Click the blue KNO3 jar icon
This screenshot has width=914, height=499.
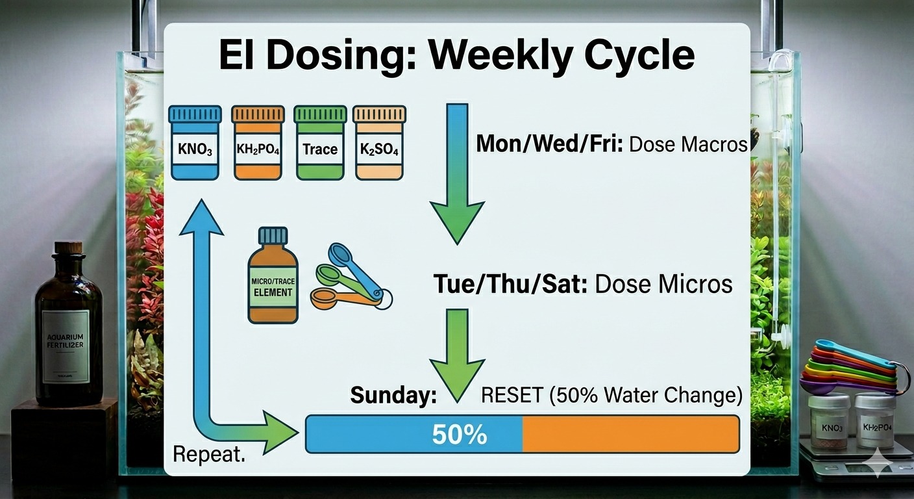coord(194,144)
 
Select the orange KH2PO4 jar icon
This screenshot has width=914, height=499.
coord(258,144)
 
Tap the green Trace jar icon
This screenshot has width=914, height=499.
coord(320,144)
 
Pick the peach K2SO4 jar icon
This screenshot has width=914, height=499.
coord(379,144)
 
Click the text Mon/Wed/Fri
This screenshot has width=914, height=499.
coord(549,144)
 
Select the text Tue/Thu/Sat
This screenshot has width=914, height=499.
coord(510,285)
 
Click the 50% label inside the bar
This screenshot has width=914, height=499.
coord(460,435)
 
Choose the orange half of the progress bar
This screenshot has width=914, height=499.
coord(630,434)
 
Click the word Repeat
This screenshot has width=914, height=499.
coord(209,454)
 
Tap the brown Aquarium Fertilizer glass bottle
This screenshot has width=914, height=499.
coord(68,331)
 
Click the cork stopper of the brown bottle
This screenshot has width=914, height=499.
coord(68,248)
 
